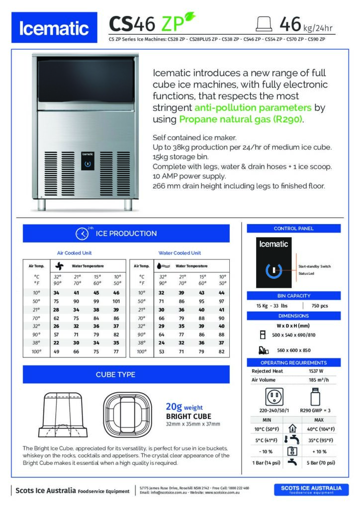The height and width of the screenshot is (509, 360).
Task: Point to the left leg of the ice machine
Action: (43, 203)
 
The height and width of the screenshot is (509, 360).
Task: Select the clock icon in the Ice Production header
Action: (82, 234)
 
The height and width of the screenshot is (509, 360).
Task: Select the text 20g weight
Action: (186, 407)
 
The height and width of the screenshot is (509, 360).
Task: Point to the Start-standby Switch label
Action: (314, 266)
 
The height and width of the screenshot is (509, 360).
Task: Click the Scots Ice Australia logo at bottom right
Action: (311, 490)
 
